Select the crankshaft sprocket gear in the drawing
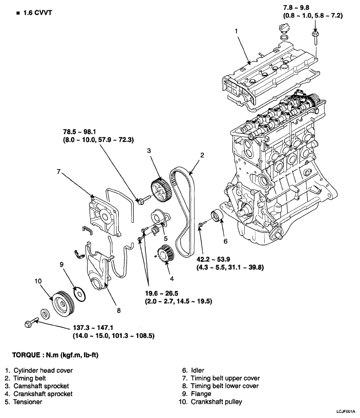163,253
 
